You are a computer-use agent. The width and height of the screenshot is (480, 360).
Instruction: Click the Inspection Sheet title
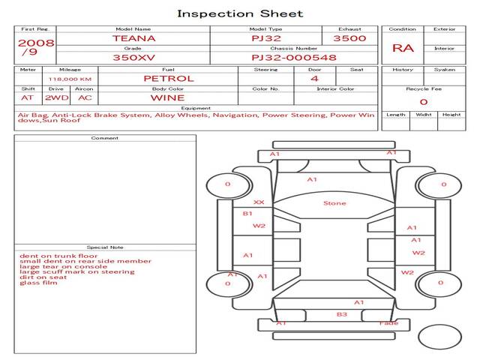240,13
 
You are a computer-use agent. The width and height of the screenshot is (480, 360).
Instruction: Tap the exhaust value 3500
349,37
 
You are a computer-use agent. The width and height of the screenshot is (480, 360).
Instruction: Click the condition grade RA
403,48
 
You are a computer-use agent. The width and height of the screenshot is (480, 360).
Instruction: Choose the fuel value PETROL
168,78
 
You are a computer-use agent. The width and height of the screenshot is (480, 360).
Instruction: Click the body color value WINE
168,97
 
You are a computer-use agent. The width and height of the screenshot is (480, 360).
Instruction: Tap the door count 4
313,78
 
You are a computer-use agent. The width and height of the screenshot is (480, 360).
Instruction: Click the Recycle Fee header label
423,88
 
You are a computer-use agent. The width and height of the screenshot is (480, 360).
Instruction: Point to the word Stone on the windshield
334,203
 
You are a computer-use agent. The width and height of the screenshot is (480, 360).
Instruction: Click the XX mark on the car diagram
259,202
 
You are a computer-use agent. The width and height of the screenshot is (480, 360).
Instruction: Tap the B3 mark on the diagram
341,314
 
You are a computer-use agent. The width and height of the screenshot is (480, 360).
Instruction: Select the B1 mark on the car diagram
247,214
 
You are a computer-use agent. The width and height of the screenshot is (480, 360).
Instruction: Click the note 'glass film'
38,283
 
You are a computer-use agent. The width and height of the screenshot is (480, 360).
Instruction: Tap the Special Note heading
104,247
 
